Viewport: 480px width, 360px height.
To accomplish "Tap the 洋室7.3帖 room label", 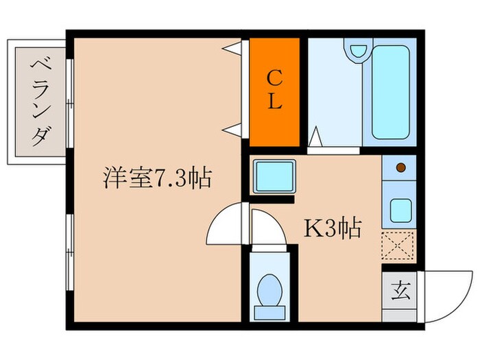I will coord(156,179).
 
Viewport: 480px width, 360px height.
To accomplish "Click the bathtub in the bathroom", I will coord(389,93).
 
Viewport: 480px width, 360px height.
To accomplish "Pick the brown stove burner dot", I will coord(400,167).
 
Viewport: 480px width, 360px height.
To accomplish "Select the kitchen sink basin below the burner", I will coord(400,209).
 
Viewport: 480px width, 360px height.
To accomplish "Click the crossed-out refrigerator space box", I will coord(398,245).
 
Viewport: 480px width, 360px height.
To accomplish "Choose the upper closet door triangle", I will coord(235,49).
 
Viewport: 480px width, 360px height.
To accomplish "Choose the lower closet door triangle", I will coord(235,128).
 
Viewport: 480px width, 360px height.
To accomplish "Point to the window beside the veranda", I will coord(70,102).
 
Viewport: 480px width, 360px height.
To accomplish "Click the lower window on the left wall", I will coord(70,253).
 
